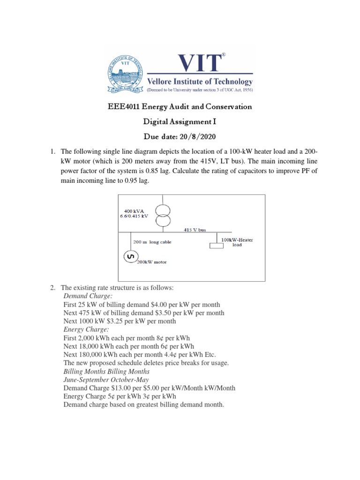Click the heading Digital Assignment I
click(180, 122)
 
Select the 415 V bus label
click(195, 230)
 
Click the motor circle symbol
click(130, 256)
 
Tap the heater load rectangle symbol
click(216, 246)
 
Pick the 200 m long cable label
click(152, 242)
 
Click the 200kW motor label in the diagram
click(153, 262)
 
